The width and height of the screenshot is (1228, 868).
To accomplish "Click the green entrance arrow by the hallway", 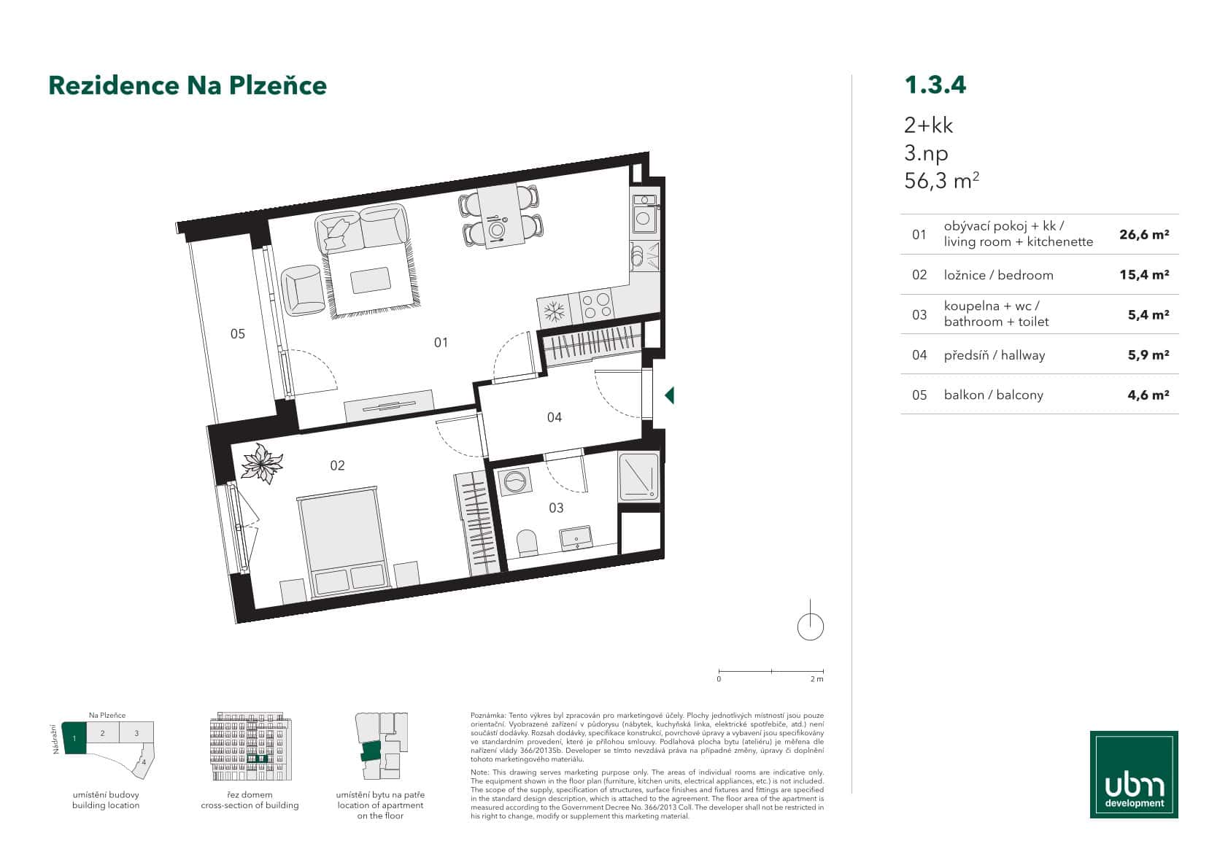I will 669,395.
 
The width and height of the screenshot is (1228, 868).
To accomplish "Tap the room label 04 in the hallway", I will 555,417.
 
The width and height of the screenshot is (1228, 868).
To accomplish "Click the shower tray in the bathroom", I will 638,477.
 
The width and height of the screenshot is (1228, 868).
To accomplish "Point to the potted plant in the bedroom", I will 261,462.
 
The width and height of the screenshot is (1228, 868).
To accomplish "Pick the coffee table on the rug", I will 370,280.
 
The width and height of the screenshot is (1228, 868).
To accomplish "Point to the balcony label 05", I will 238,334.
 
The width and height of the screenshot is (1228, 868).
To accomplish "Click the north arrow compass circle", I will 811,627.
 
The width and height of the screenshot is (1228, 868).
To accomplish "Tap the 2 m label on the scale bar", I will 816,679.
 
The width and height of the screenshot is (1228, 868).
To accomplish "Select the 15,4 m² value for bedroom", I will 1144,275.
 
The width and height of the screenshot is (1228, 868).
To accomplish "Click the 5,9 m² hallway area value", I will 1148,355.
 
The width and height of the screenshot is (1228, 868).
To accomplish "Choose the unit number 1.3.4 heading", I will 935,85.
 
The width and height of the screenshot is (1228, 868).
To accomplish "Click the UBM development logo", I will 1134,774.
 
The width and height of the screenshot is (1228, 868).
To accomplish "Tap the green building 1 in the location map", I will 74,737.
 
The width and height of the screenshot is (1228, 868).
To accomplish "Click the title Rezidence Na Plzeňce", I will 188,85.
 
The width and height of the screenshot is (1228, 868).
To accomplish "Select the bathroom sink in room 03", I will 577,538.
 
